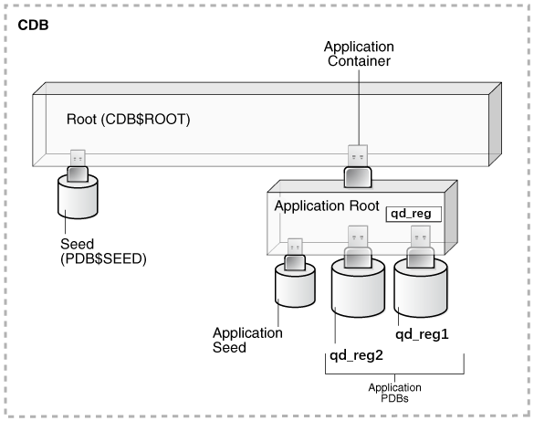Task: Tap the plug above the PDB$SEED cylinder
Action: pos(77,163)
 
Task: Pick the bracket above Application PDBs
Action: pos(394,373)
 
